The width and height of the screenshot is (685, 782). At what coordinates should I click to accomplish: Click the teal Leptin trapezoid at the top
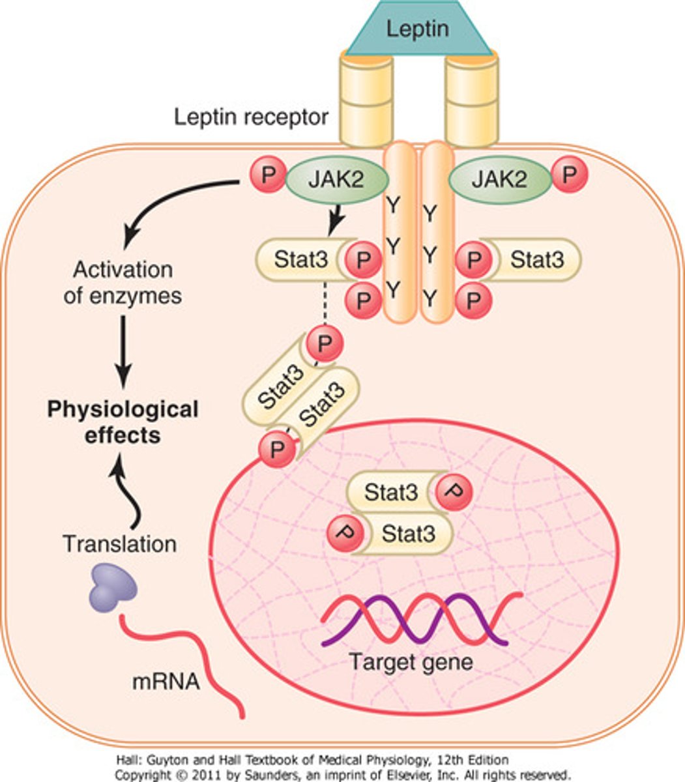pos(418,29)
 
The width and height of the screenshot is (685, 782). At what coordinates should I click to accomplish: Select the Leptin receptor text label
pos(251,119)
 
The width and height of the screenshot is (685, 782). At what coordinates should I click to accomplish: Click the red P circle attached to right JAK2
pos(570,175)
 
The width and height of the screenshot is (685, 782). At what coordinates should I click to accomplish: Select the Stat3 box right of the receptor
pos(534,259)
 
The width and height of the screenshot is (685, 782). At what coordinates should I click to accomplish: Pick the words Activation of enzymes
pos(123,282)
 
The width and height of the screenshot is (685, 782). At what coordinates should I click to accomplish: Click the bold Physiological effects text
pos(123,422)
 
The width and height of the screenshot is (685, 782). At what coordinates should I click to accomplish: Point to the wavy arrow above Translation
pos(128,492)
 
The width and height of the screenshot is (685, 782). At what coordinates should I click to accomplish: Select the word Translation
pos(120,543)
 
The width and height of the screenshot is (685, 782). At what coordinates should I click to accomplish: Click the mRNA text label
pos(166,682)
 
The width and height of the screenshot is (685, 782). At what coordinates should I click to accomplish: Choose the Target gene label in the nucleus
pos(411,662)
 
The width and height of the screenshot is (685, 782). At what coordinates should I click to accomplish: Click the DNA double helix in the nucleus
pos(421,619)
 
